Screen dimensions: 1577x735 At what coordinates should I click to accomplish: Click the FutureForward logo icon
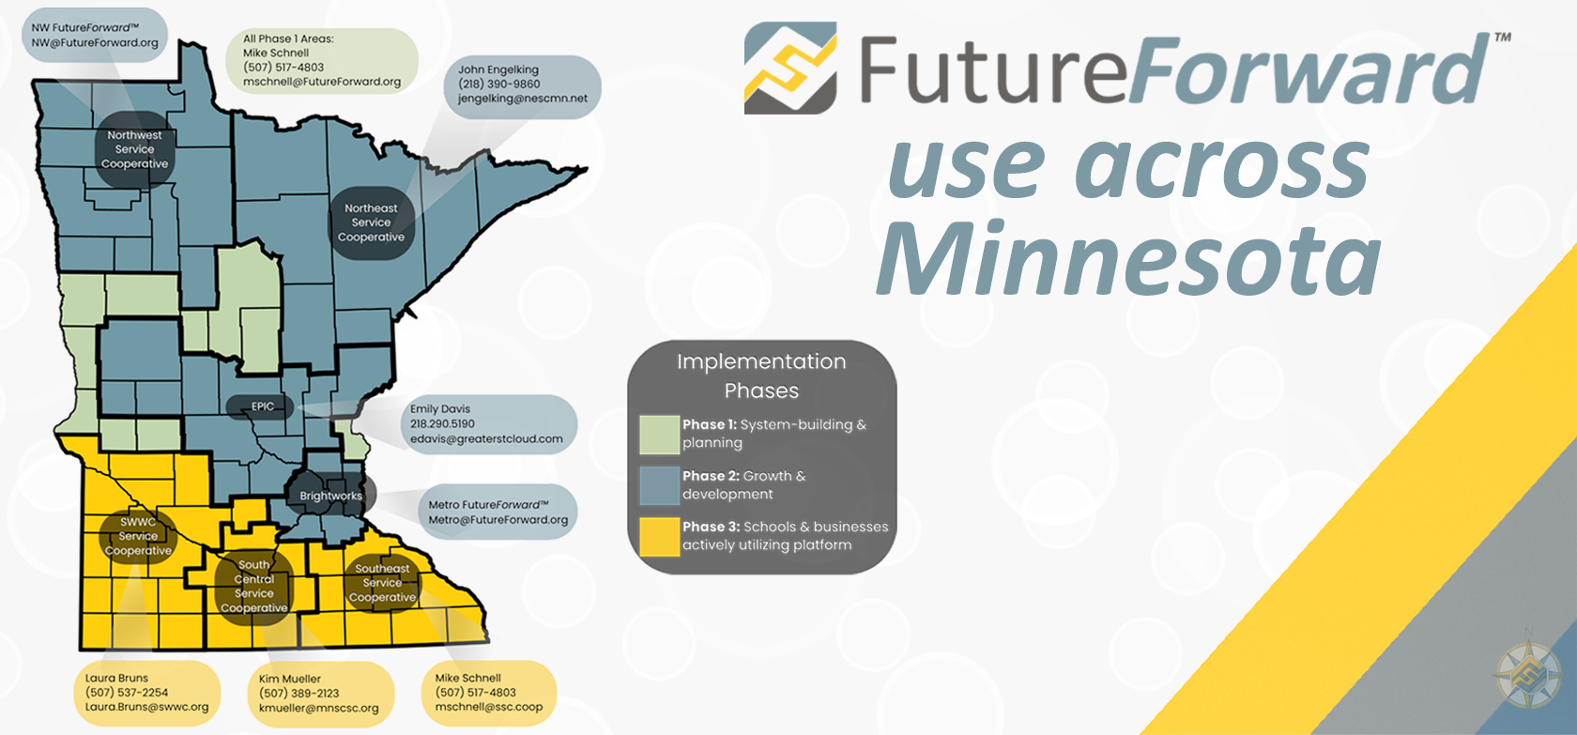click(x=790, y=68)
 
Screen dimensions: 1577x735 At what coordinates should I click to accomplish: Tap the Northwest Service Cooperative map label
click(x=134, y=149)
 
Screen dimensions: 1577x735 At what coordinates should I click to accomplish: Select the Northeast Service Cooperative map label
click(x=371, y=222)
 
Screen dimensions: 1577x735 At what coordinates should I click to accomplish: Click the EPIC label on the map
click(x=261, y=406)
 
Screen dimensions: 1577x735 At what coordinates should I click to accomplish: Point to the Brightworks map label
click(x=330, y=496)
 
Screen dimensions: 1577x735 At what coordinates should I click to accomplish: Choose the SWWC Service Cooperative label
click(x=138, y=536)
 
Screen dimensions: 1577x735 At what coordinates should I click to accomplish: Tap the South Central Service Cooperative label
click(x=254, y=587)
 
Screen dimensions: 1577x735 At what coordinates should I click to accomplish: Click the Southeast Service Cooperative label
click(x=382, y=583)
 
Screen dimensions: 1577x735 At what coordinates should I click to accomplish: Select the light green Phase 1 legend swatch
click(x=659, y=435)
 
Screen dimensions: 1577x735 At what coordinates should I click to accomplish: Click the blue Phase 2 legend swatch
click(x=659, y=485)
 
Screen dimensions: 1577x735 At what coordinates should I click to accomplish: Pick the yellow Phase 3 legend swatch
click(x=659, y=537)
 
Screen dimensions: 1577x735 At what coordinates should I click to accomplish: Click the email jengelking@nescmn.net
click(x=522, y=99)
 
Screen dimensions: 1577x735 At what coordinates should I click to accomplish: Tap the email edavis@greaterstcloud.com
click(x=486, y=438)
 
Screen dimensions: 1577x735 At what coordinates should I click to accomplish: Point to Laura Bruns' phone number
click(x=127, y=692)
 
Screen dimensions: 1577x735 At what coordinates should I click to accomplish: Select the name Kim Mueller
click(x=289, y=679)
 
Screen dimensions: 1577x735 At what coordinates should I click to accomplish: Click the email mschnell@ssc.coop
click(x=488, y=706)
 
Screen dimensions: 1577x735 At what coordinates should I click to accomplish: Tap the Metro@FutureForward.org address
click(x=498, y=520)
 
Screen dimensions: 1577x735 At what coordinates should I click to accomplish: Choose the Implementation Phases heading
click(x=762, y=375)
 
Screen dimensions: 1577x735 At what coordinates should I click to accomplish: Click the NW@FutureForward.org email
click(x=94, y=42)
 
